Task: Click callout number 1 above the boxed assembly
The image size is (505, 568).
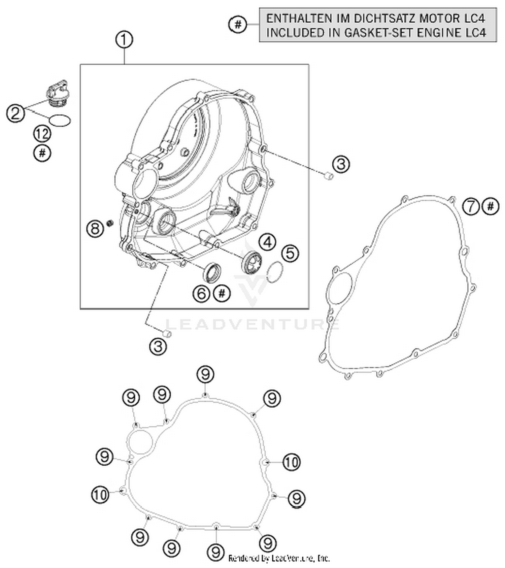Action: [x=124, y=40]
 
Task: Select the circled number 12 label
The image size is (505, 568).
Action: [x=42, y=134]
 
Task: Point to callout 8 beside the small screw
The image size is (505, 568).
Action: [x=95, y=229]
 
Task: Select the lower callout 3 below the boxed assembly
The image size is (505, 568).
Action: [x=158, y=346]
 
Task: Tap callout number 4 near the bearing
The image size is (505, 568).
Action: [x=268, y=242]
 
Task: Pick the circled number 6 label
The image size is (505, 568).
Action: [x=201, y=294]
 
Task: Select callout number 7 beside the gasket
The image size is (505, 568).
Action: [x=470, y=206]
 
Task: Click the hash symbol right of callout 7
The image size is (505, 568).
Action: [x=491, y=206]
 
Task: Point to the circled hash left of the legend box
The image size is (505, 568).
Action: [x=238, y=24]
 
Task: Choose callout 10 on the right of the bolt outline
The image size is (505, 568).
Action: [x=291, y=462]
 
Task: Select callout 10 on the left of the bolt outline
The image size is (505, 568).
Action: [x=100, y=495]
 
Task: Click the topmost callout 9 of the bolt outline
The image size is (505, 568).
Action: [x=205, y=374]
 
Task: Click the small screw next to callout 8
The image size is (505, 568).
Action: [x=109, y=223]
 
